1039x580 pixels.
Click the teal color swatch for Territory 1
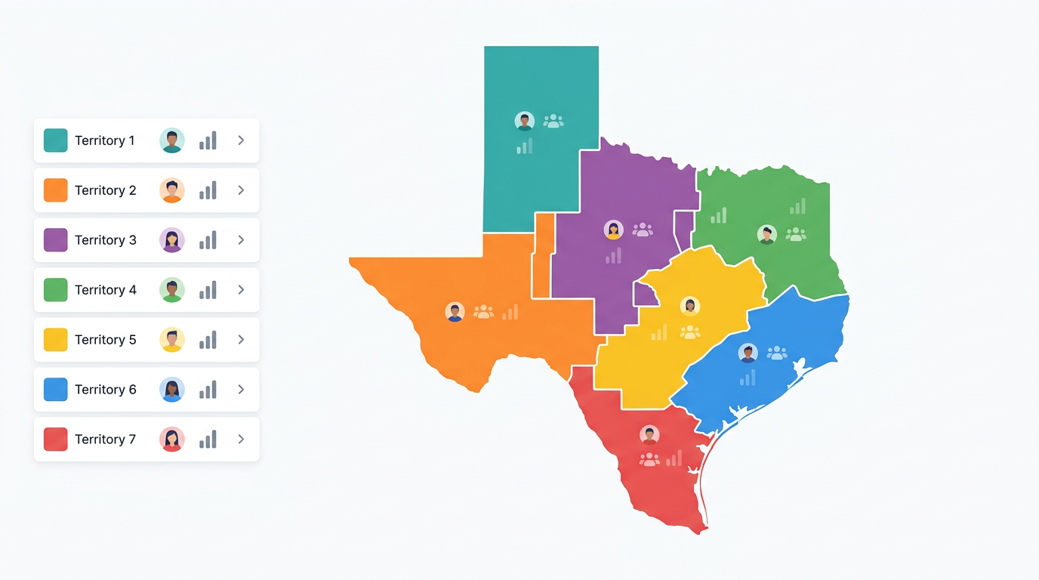click(x=56, y=140)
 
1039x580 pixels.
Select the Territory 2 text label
click(x=105, y=190)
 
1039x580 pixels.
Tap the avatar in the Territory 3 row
click(x=172, y=240)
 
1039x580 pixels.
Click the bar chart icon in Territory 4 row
click(x=208, y=290)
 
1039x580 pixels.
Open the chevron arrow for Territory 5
click(x=241, y=340)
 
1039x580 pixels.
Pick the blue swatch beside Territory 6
click(x=56, y=390)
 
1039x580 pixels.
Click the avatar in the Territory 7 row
click(x=172, y=440)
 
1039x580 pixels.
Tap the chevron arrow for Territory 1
click(x=241, y=140)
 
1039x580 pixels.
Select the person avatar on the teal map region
click(x=525, y=121)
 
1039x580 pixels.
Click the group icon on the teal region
click(x=553, y=121)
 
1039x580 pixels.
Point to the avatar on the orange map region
click(x=455, y=312)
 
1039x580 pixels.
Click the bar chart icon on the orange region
click(x=510, y=312)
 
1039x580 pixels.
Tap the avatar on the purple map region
click(x=614, y=230)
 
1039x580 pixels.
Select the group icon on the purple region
click(x=643, y=230)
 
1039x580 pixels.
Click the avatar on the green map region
click(x=767, y=234)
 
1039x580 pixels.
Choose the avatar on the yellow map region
click(x=689, y=306)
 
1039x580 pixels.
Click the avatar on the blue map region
click(x=748, y=353)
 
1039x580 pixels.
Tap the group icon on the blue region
click(x=777, y=353)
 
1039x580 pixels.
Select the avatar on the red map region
click(x=649, y=435)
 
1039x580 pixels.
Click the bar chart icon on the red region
click(x=674, y=458)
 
